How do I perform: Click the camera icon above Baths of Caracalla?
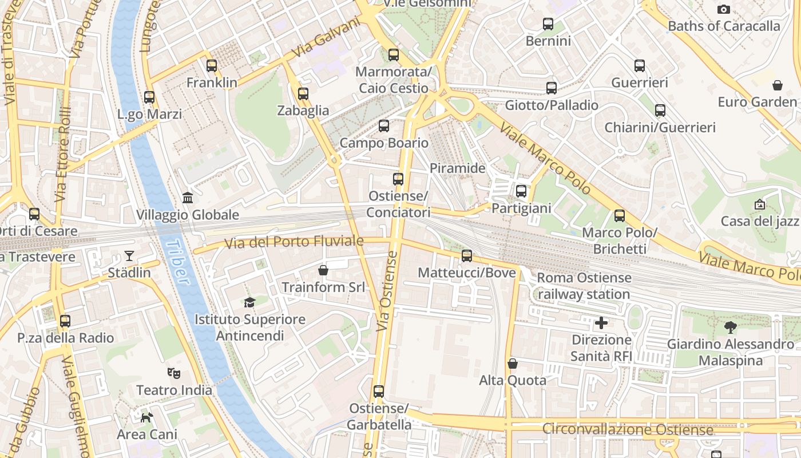[724, 9]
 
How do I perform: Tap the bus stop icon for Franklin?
[212, 65]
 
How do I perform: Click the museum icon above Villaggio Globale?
[188, 198]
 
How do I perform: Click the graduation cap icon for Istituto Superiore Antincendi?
[249, 302]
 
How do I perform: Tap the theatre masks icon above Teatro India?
[174, 373]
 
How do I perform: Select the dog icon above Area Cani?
[147, 417]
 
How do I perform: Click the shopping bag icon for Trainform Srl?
[323, 270]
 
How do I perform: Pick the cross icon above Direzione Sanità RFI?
[601, 323]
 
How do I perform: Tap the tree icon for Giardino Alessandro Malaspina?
[730, 327]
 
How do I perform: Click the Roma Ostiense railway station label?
[584, 286]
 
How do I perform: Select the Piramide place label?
[457, 168]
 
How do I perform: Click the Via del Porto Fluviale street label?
[294, 242]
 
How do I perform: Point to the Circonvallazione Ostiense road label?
[627, 429]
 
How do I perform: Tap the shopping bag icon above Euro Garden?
[778, 85]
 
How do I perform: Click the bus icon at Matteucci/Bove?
[467, 255]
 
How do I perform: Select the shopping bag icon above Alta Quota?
[513, 364]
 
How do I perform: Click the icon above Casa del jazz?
[760, 204]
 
